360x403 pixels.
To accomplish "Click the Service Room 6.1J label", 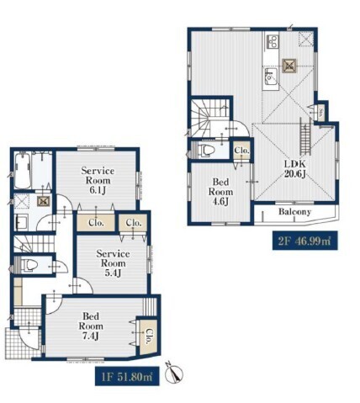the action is pos(98,180).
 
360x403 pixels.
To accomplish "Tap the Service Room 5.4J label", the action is pos(113,263).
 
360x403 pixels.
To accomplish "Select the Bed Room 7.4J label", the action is pos(91,326).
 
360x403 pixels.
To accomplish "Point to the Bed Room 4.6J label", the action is pos(220,192).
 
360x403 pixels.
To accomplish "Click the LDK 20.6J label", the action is pos(295,169).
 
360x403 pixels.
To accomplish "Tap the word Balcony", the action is pos(294,212).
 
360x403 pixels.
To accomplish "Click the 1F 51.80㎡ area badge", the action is pos(127,376).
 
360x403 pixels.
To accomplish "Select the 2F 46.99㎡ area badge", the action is pos(304,241).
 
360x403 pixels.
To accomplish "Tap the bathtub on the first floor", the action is pos(22,171).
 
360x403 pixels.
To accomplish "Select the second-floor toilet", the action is pos(206,150).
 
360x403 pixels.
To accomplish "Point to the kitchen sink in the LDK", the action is pos(271,76).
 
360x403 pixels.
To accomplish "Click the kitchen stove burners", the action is pos(272,40).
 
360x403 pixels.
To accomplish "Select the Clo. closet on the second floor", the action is pos(241,151).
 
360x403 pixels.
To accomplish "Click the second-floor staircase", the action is pos(209,117).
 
